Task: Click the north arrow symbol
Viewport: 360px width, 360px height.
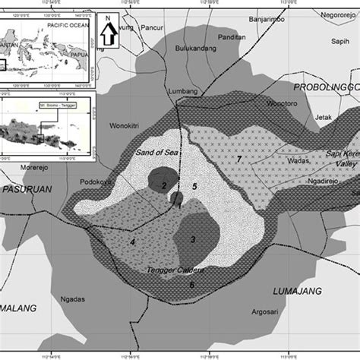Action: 109,31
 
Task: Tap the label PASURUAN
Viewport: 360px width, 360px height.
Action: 26,188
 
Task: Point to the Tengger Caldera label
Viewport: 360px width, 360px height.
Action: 173,271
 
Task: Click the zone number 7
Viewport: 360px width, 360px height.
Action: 238,159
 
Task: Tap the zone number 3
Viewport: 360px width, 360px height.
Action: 193,240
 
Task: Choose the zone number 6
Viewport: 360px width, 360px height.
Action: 191,285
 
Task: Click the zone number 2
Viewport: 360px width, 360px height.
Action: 163,185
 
